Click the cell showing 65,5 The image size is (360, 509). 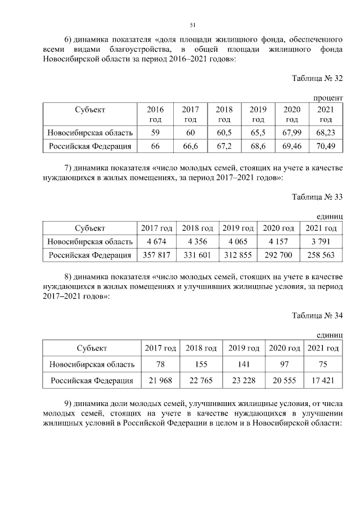(x=258, y=133)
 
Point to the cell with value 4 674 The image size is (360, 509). (x=156, y=242)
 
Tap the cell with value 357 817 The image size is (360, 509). (x=156, y=255)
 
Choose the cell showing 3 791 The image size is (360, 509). (x=321, y=242)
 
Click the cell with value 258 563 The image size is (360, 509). (x=321, y=255)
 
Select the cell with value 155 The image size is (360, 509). (x=201, y=364)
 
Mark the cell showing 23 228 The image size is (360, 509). (x=243, y=381)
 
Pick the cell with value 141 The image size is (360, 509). (x=243, y=364)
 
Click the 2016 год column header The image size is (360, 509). (x=155, y=114)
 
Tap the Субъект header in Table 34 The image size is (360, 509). (x=92, y=348)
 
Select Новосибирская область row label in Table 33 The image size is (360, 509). (x=90, y=242)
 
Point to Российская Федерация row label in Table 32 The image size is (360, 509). (x=90, y=146)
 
